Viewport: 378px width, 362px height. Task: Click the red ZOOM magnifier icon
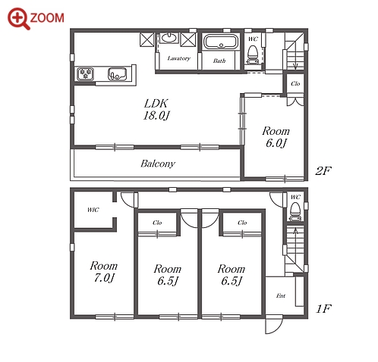pyautogui.click(x=18, y=18)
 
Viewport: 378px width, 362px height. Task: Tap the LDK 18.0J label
pyautogui.click(x=156, y=109)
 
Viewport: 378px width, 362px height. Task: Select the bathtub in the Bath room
pyautogui.click(x=221, y=42)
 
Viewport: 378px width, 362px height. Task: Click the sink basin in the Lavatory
pyautogui.click(x=169, y=38)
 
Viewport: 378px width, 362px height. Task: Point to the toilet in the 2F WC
pyautogui.click(x=253, y=55)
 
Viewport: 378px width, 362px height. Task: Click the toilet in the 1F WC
pyautogui.click(x=295, y=211)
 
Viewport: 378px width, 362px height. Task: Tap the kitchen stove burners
pyautogui.click(x=85, y=73)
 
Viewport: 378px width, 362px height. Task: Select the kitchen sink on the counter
pyautogui.click(x=117, y=74)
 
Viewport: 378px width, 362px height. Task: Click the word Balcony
pyautogui.click(x=158, y=164)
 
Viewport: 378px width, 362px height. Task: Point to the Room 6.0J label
pyautogui.click(x=276, y=137)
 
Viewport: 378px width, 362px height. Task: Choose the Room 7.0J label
pyautogui.click(x=104, y=272)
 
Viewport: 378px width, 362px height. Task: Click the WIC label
pyautogui.click(x=93, y=210)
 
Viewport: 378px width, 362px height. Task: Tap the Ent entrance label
pyautogui.click(x=281, y=295)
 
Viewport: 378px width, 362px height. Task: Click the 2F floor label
pyautogui.click(x=323, y=171)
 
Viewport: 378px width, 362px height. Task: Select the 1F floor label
pyautogui.click(x=323, y=308)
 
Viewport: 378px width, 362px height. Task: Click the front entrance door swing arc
pyautogui.click(x=277, y=328)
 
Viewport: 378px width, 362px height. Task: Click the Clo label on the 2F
pyautogui.click(x=295, y=83)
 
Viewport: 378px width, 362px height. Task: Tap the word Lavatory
pyautogui.click(x=179, y=58)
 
